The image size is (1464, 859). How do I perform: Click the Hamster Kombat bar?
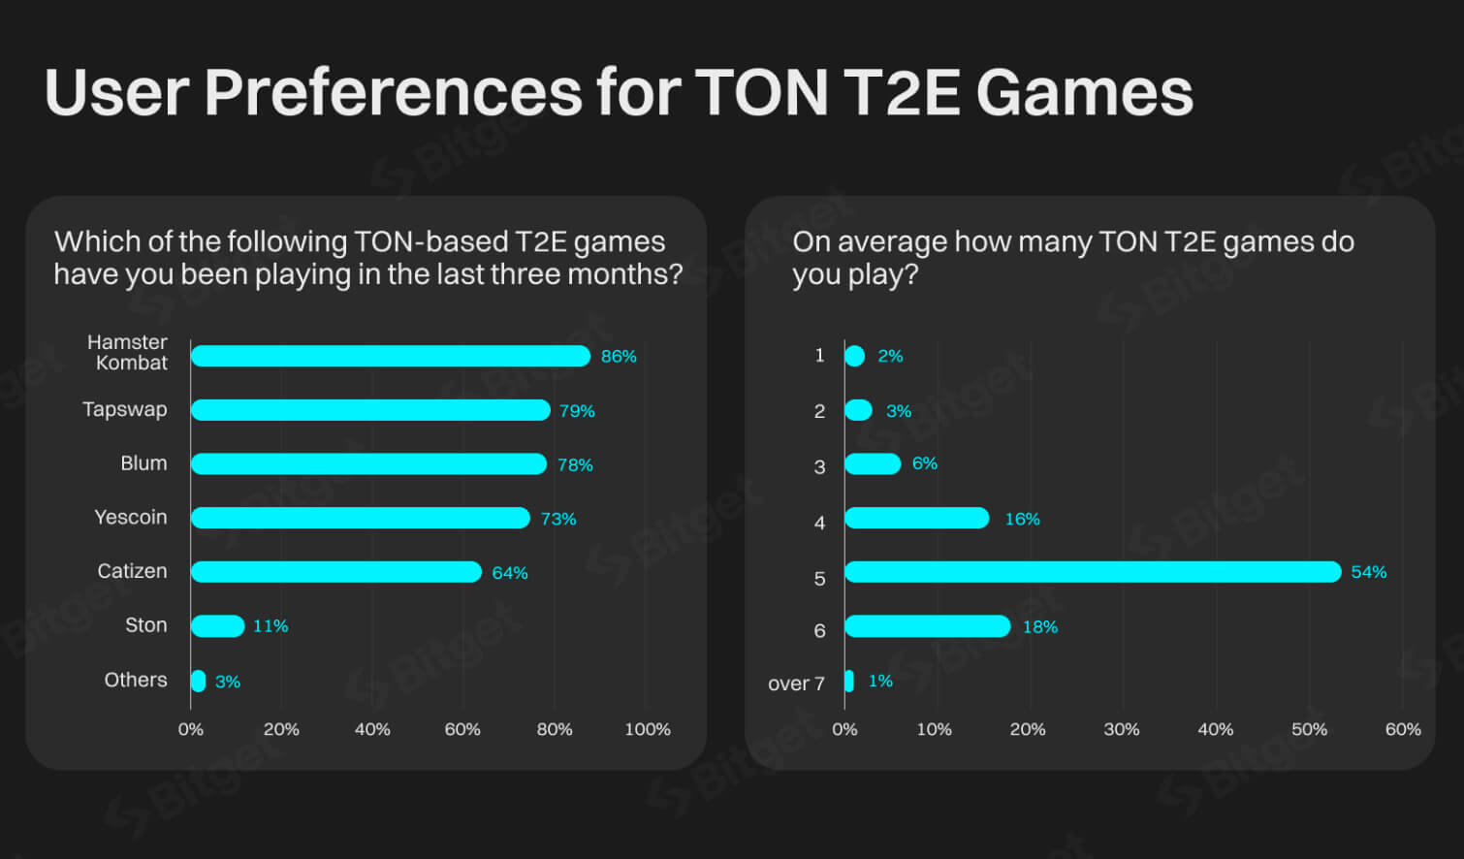point(390,356)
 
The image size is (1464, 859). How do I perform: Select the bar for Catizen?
point(335,572)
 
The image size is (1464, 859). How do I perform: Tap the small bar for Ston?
point(217,626)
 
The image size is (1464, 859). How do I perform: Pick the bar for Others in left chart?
point(198,681)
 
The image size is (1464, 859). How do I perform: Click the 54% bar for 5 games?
point(1093,572)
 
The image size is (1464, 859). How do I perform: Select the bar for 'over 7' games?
point(849,681)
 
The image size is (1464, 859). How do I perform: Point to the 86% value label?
point(619,357)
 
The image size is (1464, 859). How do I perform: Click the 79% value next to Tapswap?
point(577,411)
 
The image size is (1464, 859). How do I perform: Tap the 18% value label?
point(1039,627)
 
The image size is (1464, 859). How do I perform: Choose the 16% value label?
point(1022,520)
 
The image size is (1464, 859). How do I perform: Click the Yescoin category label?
point(131,517)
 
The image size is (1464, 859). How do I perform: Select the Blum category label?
point(143,463)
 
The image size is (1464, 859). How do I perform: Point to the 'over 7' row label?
point(796,684)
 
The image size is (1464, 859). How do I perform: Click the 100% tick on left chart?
point(647,729)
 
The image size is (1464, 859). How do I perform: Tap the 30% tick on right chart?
point(1121,729)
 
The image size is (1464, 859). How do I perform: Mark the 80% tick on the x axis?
point(554,729)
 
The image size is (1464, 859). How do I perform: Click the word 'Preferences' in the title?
point(393,93)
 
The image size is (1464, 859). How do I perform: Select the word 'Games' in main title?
point(1084,93)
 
